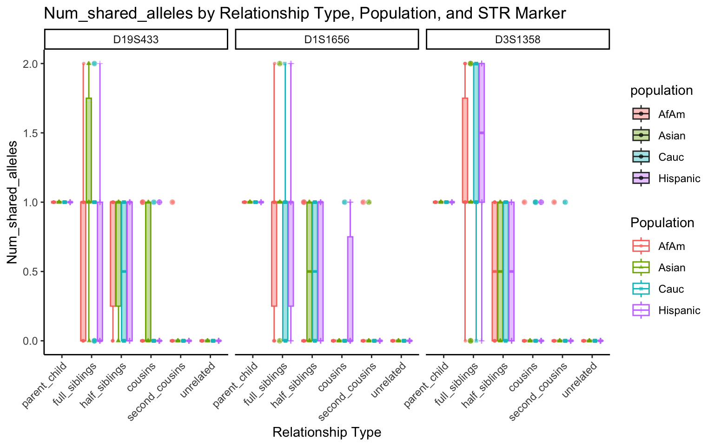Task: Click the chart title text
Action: [304, 13]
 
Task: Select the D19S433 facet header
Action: [136, 39]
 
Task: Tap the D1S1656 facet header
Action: [327, 39]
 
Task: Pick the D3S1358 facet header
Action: [517, 39]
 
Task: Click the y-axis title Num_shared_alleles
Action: [13, 202]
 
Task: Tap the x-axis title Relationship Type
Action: [327, 433]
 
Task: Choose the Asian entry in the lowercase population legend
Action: [672, 136]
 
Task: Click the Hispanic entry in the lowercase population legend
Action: [679, 178]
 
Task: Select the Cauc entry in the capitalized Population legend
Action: [671, 289]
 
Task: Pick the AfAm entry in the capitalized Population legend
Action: [671, 246]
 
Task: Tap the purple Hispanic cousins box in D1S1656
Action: [350, 289]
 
